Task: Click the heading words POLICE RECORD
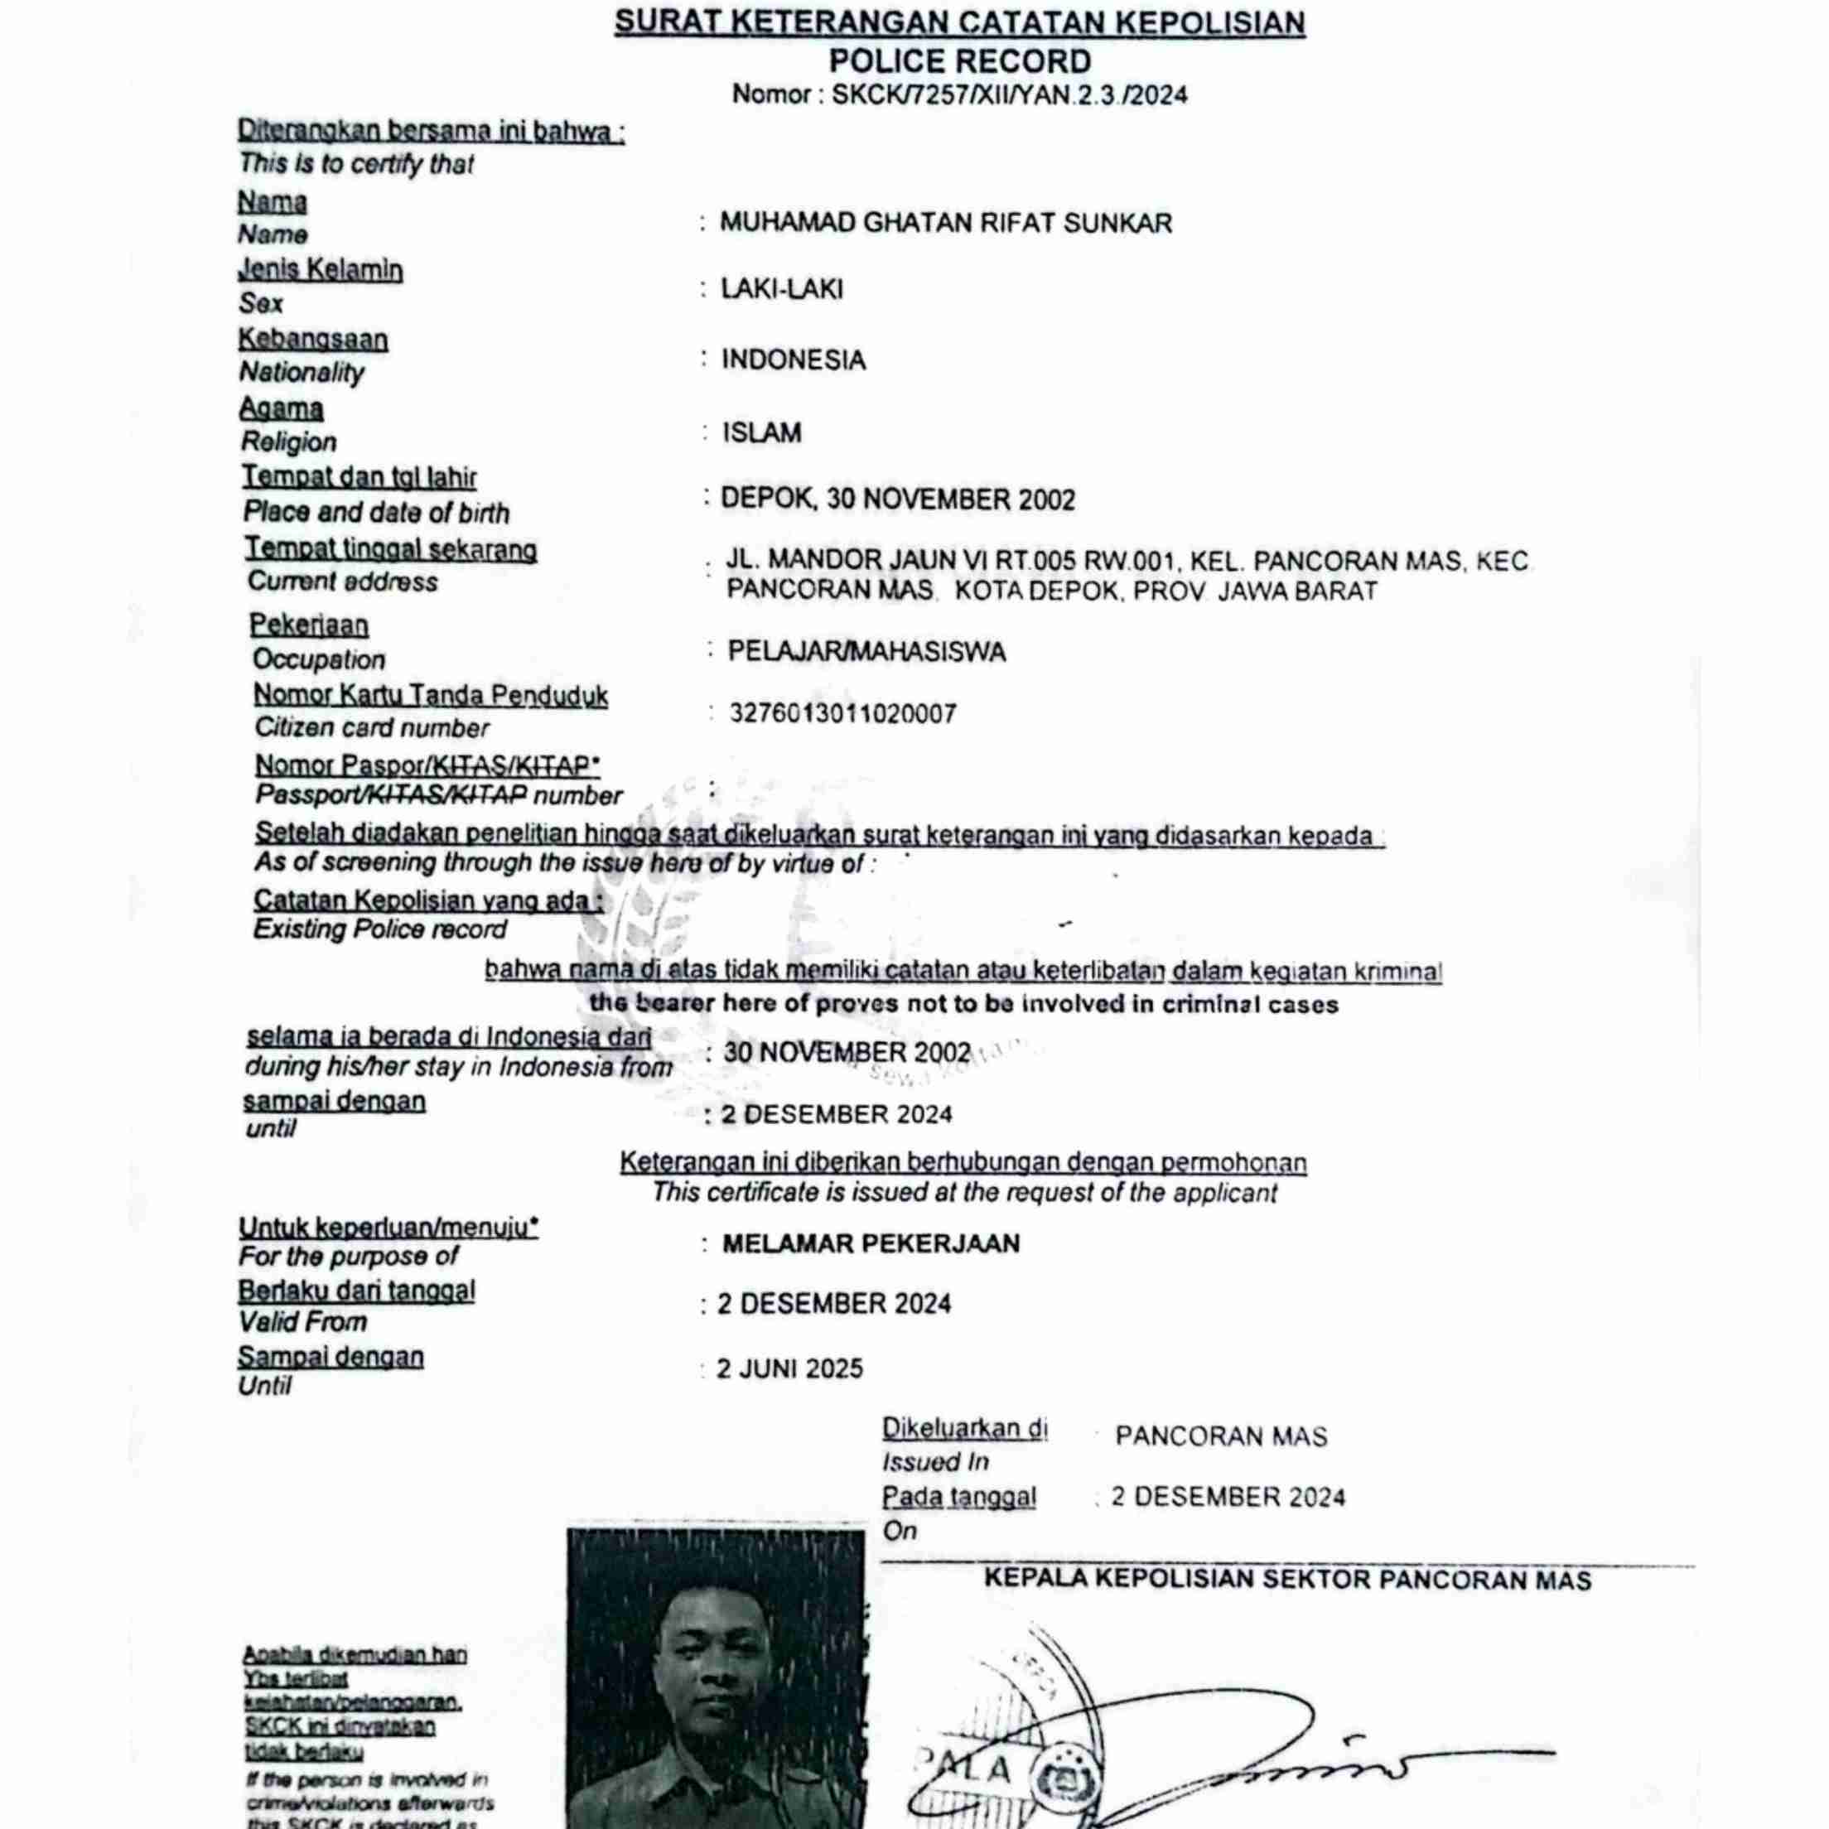(959, 61)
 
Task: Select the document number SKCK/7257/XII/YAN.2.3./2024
(1009, 95)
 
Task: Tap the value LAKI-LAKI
(781, 289)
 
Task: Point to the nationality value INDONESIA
(794, 360)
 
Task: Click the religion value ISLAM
(762, 432)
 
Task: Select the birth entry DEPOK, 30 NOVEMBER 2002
(897, 499)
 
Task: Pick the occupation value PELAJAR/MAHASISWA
(866, 651)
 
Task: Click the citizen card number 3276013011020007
(842, 713)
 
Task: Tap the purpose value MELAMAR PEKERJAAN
(871, 1243)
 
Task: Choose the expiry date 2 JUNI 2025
(789, 1369)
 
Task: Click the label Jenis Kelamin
(320, 271)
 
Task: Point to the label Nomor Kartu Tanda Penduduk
(431, 695)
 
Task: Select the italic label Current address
(343, 582)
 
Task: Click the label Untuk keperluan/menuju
(388, 1228)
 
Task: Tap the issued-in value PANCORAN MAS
(1221, 1436)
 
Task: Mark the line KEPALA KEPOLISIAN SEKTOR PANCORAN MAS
(1287, 1580)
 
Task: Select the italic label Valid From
(302, 1321)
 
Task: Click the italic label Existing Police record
(379, 929)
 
